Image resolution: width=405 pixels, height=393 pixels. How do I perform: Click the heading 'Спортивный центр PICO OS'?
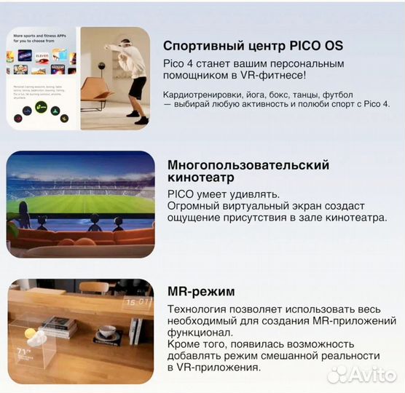[x=253, y=46]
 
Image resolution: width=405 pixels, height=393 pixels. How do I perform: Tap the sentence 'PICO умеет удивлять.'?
[x=223, y=194]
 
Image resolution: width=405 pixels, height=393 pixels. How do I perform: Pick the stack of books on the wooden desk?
[x=58, y=328]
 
